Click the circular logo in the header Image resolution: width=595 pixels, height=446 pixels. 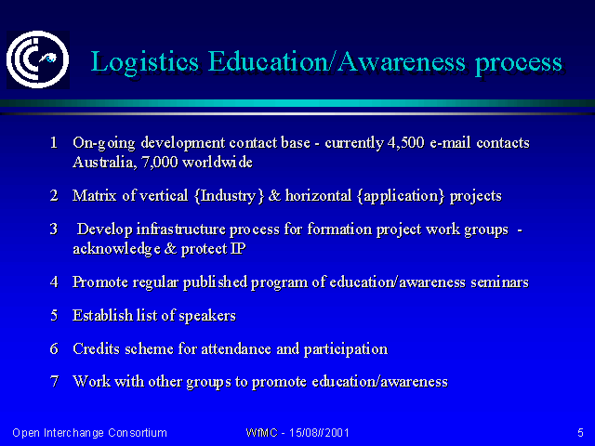(37, 59)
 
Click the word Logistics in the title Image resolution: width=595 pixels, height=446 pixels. (145, 62)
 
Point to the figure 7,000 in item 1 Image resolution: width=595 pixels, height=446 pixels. (159, 163)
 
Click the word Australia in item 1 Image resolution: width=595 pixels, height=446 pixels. (102, 163)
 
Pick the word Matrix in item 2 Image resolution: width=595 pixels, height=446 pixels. (94, 196)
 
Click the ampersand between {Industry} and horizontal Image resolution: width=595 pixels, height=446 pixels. (274, 196)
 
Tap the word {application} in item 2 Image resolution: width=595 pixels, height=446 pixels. (401, 196)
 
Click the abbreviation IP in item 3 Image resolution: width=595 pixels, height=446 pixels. (238, 249)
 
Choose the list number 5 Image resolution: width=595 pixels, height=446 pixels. (54, 316)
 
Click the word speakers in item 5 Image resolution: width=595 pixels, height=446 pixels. (207, 316)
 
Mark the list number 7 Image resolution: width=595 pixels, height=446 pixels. (54, 382)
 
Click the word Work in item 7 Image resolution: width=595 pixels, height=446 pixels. (91, 382)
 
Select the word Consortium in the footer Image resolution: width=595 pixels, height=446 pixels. (138, 433)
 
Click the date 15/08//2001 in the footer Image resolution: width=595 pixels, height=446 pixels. (319, 433)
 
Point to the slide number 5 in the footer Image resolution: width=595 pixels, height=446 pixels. (580, 433)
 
